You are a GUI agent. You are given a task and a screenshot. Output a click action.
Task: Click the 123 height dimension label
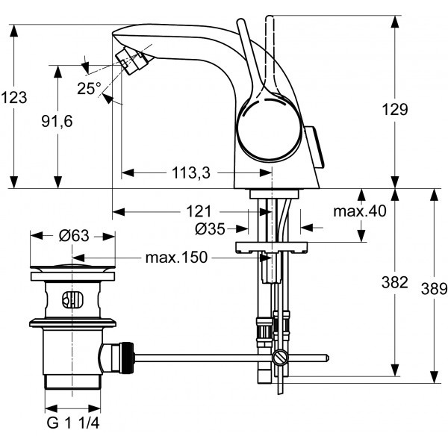14,97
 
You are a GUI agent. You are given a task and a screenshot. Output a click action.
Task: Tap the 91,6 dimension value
57,121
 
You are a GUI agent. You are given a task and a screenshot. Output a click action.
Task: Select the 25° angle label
89,88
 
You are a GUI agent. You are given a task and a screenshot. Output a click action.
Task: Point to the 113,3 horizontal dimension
191,173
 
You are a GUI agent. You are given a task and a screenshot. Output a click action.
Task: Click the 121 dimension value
199,212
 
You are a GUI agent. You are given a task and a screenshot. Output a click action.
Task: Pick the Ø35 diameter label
210,229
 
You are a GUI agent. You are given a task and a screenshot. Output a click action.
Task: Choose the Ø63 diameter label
74,236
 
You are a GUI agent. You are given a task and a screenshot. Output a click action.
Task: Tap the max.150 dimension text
176,258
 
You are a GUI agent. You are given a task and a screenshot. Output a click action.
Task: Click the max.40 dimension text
360,211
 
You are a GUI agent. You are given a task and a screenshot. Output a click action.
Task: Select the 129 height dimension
395,109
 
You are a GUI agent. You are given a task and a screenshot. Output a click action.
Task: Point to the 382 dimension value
394,282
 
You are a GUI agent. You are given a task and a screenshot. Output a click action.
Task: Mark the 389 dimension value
434,288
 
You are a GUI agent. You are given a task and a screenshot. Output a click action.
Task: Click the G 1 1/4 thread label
73,423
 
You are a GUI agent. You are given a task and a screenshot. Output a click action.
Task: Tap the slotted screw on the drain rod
279,358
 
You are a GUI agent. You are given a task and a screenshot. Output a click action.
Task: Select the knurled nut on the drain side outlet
127,358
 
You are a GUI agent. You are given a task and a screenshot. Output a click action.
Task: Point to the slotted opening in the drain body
72,299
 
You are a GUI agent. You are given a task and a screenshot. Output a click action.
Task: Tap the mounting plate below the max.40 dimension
272,247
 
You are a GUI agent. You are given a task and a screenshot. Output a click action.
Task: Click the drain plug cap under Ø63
72,268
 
